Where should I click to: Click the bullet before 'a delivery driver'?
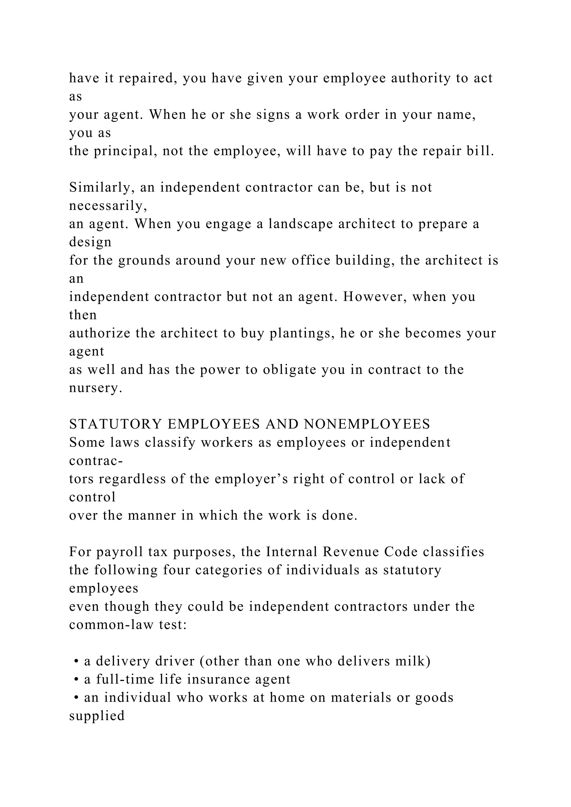point(76,662)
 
